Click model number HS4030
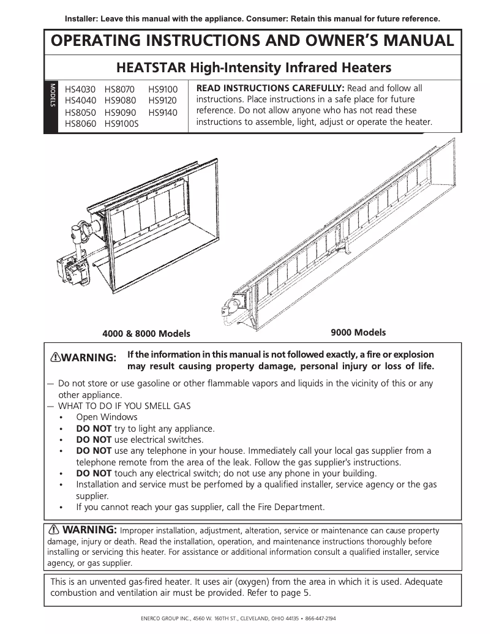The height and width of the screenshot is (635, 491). point(78,89)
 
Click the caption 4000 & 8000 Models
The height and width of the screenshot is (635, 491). point(146,334)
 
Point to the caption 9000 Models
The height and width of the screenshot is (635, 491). point(358,333)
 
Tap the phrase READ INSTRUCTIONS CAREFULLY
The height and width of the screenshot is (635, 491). point(270,88)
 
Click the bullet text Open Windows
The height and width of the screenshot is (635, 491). point(107,417)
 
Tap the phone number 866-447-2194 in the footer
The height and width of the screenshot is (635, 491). point(320,618)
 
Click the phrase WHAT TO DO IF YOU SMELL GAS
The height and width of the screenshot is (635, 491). point(124,405)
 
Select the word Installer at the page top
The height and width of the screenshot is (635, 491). point(82,18)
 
